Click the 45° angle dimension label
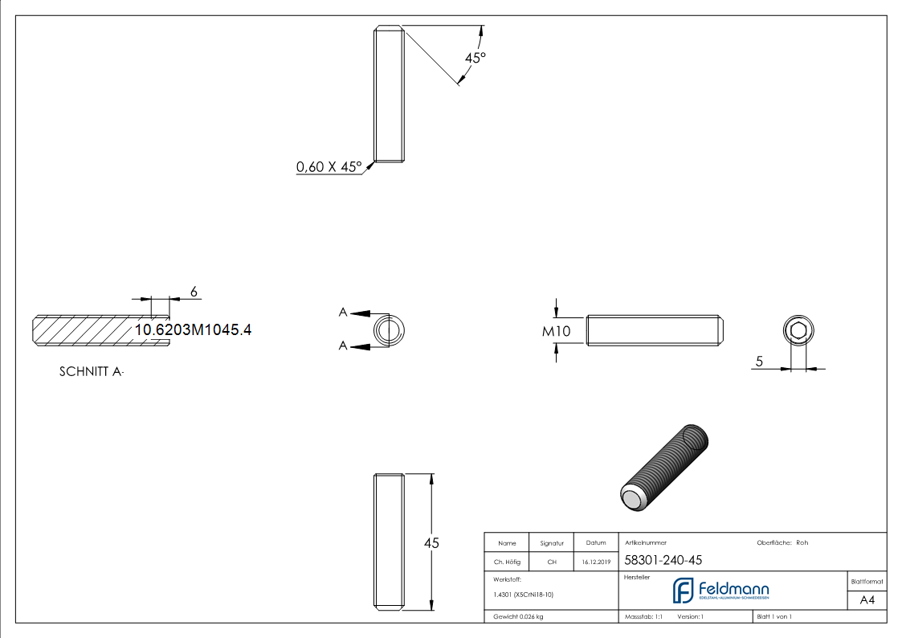click(475, 58)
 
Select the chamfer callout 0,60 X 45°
click(329, 167)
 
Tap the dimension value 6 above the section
click(194, 290)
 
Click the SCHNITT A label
click(92, 372)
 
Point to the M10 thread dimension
click(556, 331)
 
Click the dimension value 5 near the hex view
click(759, 362)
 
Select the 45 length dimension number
click(431, 543)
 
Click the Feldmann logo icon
click(683, 590)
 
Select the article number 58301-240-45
click(651, 561)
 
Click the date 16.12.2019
click(596, 562)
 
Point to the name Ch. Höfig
click(507, 562)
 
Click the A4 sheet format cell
click(867, 599)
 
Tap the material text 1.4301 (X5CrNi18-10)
click(524, 595)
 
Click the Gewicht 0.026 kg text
click(519, 616)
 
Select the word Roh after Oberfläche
click(802, 542)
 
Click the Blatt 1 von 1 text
click(774, 616)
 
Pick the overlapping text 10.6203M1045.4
click(193, 329)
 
